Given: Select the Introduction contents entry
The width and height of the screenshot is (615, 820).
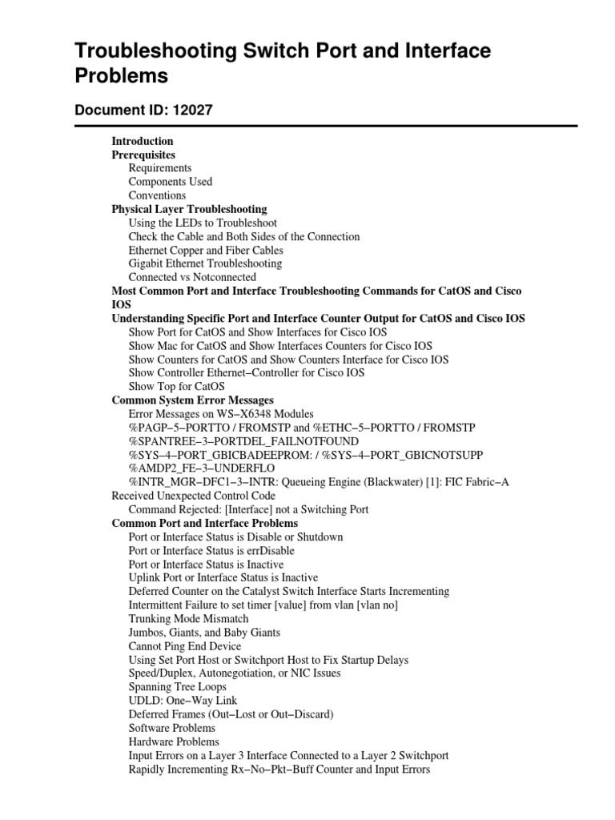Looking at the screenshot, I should pyautogui.click(x=143, y=141).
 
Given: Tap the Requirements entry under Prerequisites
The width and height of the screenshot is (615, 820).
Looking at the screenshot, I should pyautogui.click(x=159, y=168).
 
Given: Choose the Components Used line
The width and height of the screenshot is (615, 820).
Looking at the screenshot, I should pyautogui.click(x=170, y=182).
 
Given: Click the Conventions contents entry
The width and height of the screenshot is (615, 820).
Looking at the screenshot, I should pyautogui.click(x=157, y=195).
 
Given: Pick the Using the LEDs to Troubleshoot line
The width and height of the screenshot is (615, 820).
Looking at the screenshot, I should pyautogui.click(x=203, y=223).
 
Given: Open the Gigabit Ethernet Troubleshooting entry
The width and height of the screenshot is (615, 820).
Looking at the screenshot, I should pyautogui.click(x=205, y=263).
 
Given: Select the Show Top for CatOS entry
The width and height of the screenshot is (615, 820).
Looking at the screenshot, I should pyautogui.click(x=176, y=386).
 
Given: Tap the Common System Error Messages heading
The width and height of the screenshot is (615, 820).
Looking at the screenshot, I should pyautogui.click(x=192, y=400).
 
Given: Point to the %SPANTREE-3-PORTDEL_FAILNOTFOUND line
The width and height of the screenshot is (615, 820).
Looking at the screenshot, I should pyautogui.click(x=243, y=440).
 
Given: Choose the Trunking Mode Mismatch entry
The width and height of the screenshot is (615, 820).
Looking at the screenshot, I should pyautogui.click(x=188, y=618).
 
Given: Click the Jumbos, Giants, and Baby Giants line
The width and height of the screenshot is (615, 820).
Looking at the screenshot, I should pyautogui.click(x=204, y=632).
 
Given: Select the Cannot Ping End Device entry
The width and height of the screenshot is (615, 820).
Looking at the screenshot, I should pyautogui.click(x=184, y=645).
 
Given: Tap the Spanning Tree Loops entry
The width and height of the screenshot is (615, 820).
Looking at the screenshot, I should pyautogui.click(x=177, y=686).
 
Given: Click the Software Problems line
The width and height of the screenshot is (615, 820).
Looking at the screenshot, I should pyautogui.click(x=171, y=727).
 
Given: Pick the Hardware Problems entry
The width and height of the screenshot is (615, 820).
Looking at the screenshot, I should pyautogui.click(x=173, y=741).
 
